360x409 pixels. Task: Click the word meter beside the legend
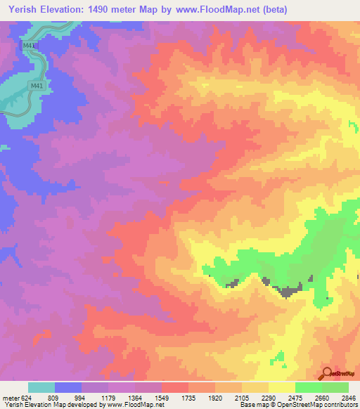click(11, 398)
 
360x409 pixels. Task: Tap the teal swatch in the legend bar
click(41, 387)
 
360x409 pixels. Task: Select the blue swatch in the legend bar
click(68, 387)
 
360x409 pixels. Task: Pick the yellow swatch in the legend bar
click(281, 387)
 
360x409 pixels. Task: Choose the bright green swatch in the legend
click(308, 387)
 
